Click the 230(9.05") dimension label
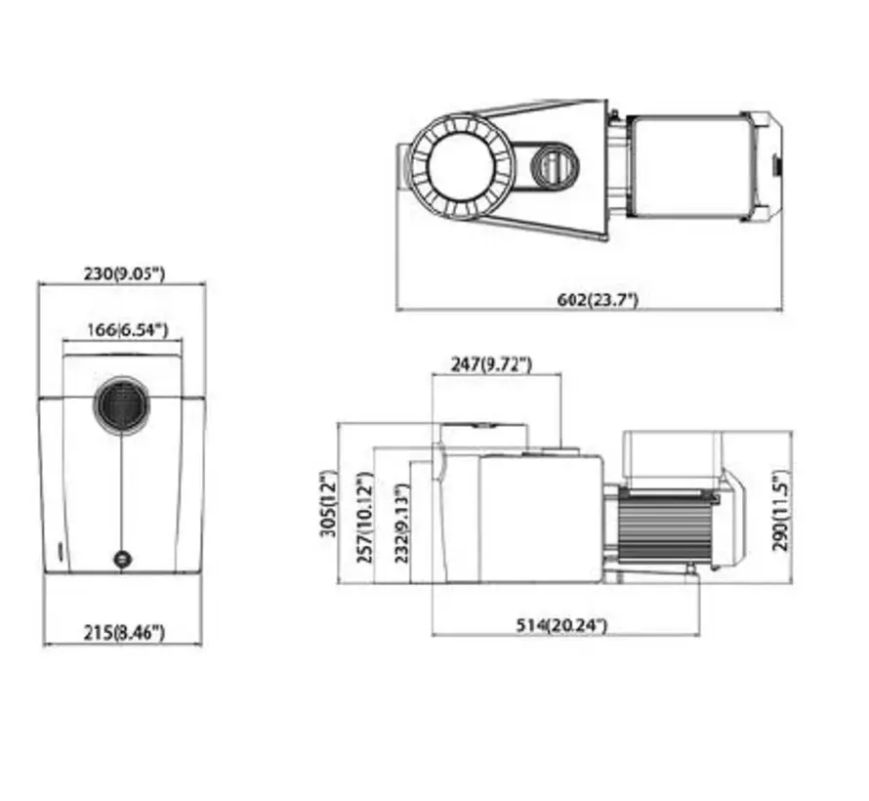(123, 274)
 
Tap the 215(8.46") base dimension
(123, 633)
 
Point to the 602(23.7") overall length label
(598, 300)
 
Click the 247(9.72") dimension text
(491, 364)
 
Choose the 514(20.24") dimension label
(561, 625)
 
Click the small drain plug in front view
(122, 560)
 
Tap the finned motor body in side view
(664, 527)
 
